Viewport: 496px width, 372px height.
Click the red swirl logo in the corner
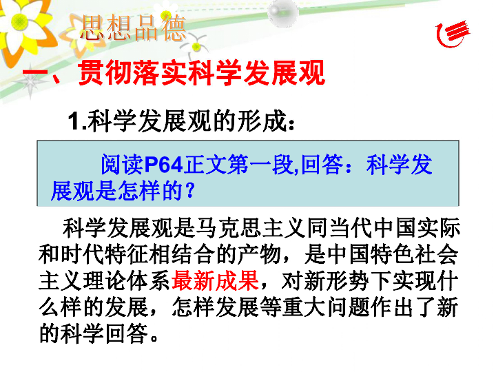click(453, 34)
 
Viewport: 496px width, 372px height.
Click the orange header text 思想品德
click(133, 28)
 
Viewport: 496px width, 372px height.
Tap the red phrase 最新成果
click(215, 280)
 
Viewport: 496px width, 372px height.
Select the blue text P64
click(164, 165)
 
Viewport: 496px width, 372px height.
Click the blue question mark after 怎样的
click(189, 190)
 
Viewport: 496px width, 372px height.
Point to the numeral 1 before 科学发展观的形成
click(74, 121)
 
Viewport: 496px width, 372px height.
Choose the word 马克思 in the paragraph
click(229, 228)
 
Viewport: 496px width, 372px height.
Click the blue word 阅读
click(122, 165)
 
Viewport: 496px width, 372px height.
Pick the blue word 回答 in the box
click(322, 165)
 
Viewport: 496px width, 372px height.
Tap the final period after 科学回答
click(155, 338)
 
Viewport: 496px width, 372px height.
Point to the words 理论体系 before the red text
click(127, 280)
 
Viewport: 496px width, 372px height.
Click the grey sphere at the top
click(283, 12)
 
